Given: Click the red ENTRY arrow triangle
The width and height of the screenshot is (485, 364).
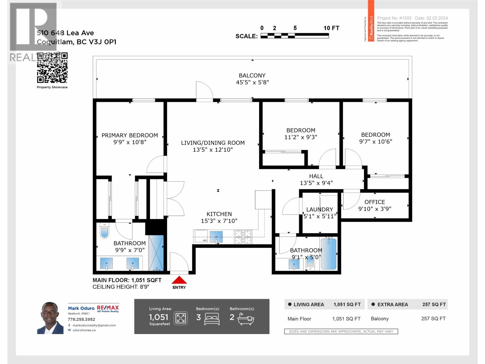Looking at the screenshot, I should click(179, 280).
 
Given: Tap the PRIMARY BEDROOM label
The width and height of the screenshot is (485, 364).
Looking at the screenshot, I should click(129, 135).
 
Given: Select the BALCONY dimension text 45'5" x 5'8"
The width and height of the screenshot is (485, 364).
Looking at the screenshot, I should click(252, 82).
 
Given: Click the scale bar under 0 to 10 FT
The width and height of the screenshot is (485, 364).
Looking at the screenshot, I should click(295, 36).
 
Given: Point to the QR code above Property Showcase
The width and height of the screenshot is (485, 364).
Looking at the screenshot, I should click(52, 68).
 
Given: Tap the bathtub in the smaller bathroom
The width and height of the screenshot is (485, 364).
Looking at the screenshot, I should click(328, 254).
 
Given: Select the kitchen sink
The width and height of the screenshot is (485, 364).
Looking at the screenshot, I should click(216, 237).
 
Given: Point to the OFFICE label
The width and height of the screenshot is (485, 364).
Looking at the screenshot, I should click(375, 202).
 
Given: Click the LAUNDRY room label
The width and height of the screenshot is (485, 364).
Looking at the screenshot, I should click(319, 209).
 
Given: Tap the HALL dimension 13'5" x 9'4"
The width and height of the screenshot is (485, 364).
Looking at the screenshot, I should click(316, 183).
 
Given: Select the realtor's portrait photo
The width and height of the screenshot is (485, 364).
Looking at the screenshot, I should click(50, 318).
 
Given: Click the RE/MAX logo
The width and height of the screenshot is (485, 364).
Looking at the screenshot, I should click(108, 308).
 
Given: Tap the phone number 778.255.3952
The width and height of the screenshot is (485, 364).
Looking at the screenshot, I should click(82, 319).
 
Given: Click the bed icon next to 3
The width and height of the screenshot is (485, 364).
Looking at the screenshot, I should click(212, 318).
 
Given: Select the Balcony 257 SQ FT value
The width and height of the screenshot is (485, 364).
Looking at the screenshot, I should click(433, 318).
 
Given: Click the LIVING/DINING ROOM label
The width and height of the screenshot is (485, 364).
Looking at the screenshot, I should click(213, 143).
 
